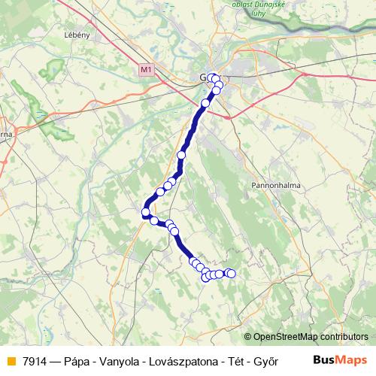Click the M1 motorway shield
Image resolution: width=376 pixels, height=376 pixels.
coord(146,69)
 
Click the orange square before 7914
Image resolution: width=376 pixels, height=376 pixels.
coord(10,360)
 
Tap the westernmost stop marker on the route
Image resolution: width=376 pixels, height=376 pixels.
coord(146,213)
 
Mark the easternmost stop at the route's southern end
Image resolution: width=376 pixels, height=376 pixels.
coord(231,274)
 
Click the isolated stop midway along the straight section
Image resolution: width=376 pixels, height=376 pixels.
coord(181,155)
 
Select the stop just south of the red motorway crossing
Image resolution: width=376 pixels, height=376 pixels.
coord(205,103)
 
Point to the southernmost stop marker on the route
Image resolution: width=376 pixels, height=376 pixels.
coord(206,277)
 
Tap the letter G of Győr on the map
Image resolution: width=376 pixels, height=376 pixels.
coord(203,77)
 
